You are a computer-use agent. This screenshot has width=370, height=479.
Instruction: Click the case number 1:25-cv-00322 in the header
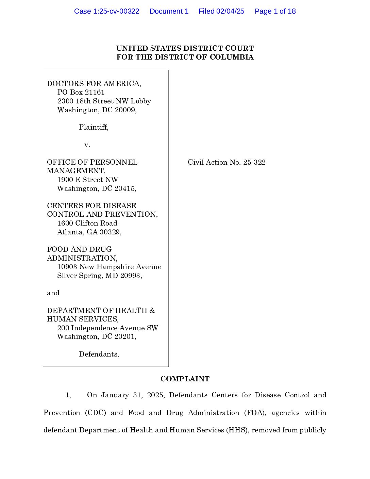coord(116,11)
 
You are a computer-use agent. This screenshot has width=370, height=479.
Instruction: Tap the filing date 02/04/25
coord(230,11)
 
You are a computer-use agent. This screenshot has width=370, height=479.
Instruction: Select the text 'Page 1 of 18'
coord(275,11)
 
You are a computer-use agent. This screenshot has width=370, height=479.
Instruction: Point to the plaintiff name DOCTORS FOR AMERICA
coord(94,84)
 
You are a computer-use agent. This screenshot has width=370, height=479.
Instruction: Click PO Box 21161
coord(81,92)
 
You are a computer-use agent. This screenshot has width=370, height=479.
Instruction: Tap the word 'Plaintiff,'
coord(94,127)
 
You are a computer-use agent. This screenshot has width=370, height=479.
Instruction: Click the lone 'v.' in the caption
coord(87,145)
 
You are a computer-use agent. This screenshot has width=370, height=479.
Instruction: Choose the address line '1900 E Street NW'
coord(87,180)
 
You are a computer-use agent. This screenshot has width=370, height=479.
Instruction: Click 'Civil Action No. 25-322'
coord(226,162)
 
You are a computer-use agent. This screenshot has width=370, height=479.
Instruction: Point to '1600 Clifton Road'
coord(87,223)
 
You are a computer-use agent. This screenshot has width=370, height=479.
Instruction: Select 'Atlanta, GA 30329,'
coord(89,232)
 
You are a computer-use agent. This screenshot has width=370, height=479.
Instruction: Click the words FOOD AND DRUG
coord(79,249)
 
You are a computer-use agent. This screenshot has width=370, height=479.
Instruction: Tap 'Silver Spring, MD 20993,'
coord(99,276)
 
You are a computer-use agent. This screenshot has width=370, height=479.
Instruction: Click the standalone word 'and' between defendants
coord(53,293)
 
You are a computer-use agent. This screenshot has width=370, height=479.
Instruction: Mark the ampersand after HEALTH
coord(152,311)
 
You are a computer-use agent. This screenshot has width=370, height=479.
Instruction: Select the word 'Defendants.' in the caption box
coord(99,354)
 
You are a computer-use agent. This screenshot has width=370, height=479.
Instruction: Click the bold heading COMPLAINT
coord(185,379)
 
